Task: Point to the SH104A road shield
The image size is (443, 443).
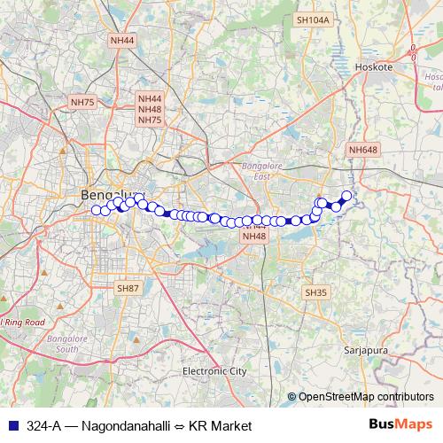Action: point(313,19)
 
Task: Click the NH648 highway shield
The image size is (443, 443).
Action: point(363,150)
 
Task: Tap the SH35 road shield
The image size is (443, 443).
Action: point(315,292)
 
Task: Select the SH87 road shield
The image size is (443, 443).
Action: point(128,289)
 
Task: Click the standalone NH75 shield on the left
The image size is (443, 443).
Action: point(82,103)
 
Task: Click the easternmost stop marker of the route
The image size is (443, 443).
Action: point(346,195)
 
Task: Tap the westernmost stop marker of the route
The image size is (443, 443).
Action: point(95,210)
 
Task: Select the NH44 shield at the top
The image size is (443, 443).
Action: point(122,41)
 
